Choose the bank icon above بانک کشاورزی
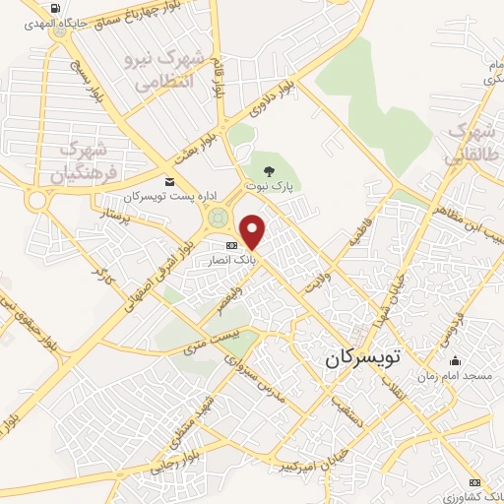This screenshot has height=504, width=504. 476,482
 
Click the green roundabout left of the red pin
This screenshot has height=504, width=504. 219,219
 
